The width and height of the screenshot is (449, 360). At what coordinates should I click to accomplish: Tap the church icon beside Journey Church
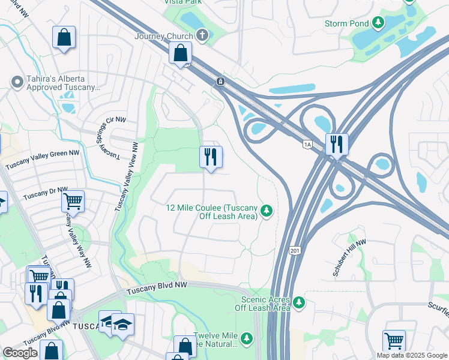202,35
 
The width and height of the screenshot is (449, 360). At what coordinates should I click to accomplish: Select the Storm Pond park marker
378,23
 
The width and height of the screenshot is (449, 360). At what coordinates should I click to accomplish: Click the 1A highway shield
308,145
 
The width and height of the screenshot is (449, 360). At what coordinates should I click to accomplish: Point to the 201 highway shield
294,249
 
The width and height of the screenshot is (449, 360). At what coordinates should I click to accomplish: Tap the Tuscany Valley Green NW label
43,160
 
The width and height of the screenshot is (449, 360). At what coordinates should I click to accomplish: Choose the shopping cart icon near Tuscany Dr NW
73,201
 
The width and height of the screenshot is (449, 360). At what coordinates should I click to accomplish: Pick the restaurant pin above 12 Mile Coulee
211,157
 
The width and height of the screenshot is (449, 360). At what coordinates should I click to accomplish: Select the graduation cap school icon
122,325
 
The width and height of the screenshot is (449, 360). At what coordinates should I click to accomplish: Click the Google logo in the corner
20,353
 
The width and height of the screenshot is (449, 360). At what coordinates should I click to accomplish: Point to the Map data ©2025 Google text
411,355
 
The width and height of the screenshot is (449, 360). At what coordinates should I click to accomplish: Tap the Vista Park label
183,2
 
